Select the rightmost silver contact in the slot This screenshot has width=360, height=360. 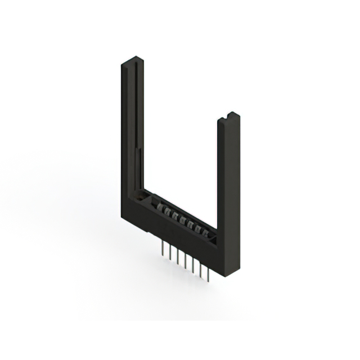pyautogui.click(x=205, y=233)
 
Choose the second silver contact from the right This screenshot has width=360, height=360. pyautogui.click(x=198, y=229)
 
